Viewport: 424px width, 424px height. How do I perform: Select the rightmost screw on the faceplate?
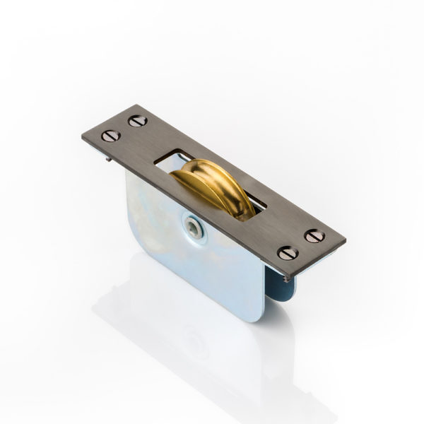[x=315, y=237]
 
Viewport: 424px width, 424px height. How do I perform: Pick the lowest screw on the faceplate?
[x=287, y=252]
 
